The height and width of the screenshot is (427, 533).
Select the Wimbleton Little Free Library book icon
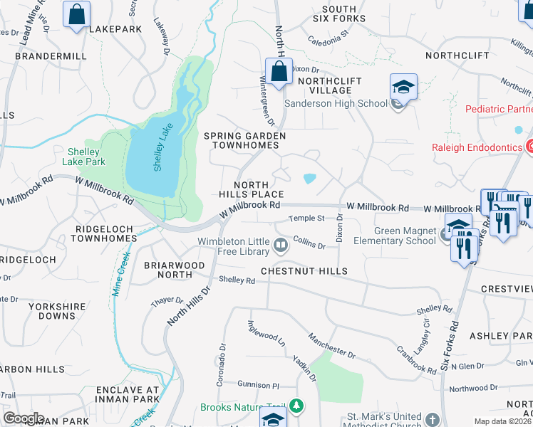(x=281, y=246)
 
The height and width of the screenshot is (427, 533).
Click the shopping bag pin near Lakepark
(x=76, y=14)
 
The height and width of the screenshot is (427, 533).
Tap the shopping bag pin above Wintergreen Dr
(x=278, y=71)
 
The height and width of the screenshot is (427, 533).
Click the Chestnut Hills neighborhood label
(x=304, y=271)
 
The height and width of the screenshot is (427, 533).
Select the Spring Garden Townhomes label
(x=244, y=140)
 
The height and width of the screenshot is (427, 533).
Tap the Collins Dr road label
(x=309, y=243)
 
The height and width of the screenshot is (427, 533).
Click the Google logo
(x=24, y=418)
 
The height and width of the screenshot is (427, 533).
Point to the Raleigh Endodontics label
(x=477, y=147)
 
